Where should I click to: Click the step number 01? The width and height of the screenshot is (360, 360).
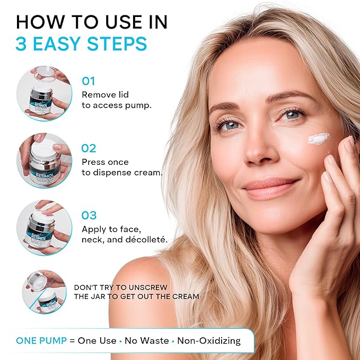[x=88, y=81]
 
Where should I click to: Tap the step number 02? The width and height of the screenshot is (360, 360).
[x=89, y=148]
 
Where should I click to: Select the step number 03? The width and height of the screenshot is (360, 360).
[x=89, y=215]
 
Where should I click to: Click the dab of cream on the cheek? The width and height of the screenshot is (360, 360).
[x=319, y=139]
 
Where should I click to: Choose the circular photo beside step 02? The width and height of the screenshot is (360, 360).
[x=43, y=160]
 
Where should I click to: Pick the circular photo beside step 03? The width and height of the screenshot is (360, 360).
[x=43, y=227]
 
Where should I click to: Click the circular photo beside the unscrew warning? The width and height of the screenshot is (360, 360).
[x=43, y=291]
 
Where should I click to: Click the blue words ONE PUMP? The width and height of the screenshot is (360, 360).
[x=41, y=340]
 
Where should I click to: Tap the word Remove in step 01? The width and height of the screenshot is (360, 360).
[x=98, y=94]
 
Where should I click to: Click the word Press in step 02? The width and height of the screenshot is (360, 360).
[x=93, y=162]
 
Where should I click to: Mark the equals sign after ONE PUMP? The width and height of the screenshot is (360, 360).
[x=72, y=340]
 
